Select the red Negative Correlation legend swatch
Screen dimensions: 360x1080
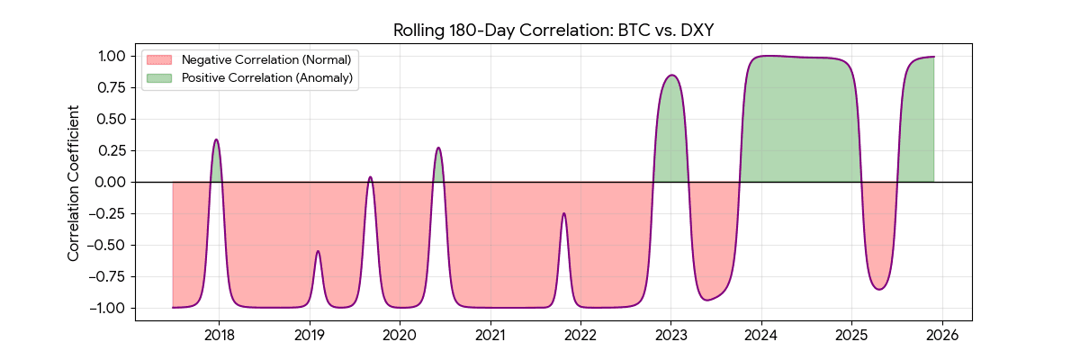(159, 59)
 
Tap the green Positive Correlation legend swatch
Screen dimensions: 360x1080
(159, 78)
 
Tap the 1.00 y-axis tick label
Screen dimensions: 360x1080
(115, 56)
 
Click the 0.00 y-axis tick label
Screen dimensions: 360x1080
(115, 182)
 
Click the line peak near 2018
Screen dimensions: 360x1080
(216, 139)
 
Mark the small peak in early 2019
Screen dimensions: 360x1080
(318, 251)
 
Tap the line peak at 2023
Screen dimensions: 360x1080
(671, 76)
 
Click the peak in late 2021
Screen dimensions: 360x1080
(563, 213)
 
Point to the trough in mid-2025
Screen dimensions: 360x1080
(879, 290)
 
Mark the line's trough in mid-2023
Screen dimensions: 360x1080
(707, 300)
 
